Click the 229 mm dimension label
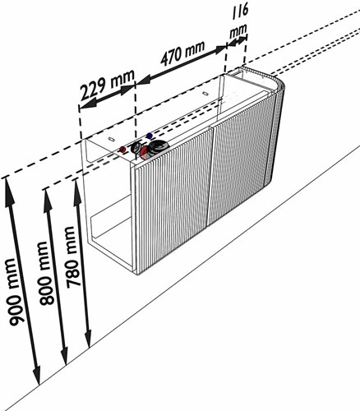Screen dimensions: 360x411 pos(108,85)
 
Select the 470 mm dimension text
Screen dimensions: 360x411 pos(182,53)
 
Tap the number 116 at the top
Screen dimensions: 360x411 pos(240,12)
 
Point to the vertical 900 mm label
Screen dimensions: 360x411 pos(16,293)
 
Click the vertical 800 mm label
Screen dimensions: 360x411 pos(47,273)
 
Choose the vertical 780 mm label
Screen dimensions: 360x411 pos(74,257)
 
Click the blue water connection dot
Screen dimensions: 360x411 pos(150,136)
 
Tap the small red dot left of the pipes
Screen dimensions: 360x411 pos(122,150)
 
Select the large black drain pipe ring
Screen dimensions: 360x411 pos(158,147)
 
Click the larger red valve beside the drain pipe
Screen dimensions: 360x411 pos(144,152)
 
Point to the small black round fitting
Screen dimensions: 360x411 pos(136,148)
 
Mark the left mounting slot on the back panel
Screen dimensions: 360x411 pos(111,139)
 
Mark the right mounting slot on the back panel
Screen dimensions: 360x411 pos(205,94)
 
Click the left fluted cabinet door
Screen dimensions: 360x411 pos(172,201)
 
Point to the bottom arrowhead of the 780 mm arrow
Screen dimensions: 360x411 pos(88,339)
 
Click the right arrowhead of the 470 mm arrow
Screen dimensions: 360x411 pos(219,49)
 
